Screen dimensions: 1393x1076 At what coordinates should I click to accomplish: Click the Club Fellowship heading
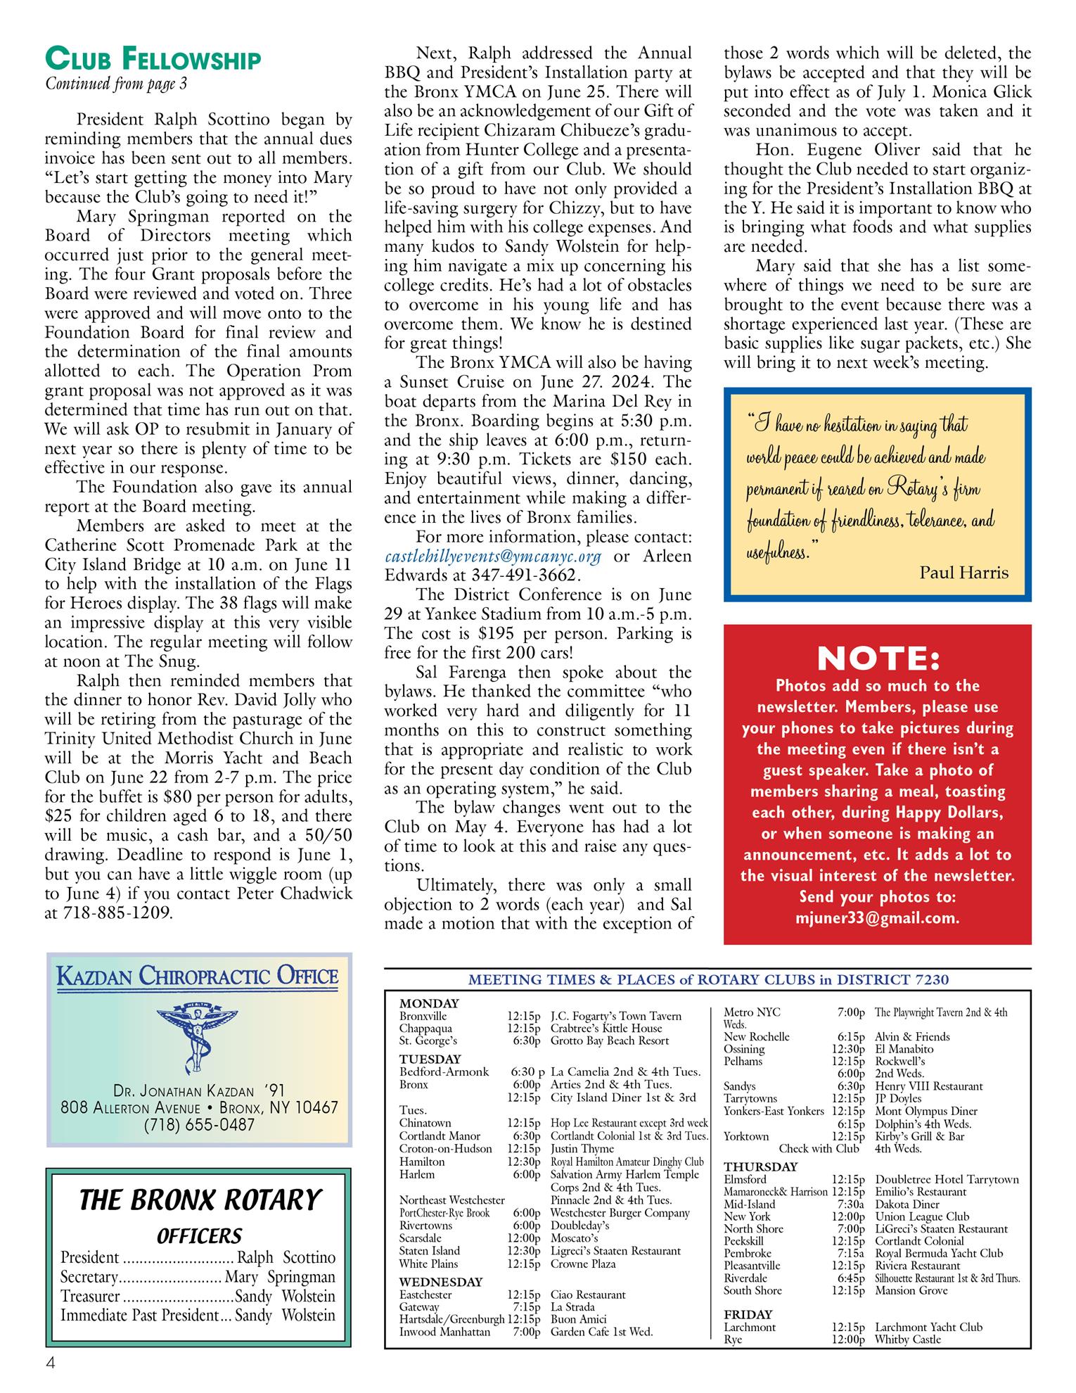coord(153,60)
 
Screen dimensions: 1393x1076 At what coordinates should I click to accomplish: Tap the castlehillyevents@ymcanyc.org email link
coord(493,556)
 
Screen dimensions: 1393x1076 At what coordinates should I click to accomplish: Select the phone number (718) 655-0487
coord(199,1125)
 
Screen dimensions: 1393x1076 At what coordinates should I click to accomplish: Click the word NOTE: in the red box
coord(878,659)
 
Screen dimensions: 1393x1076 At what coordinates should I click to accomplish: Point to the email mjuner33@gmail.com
coord(878,917)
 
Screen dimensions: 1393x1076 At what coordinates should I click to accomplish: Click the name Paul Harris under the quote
coord(963,572)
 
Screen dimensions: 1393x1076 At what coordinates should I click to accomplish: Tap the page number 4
coord(50,1363)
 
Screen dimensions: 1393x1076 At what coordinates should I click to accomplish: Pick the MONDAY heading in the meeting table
coord(429,1004)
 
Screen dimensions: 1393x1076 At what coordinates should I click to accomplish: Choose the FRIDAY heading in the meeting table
coord(748,1314)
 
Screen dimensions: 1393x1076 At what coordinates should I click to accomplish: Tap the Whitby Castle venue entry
coord(908,1340)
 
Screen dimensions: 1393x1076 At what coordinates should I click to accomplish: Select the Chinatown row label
coord(425,1123)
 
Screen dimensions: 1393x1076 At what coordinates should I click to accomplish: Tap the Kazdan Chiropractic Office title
coord(198,977)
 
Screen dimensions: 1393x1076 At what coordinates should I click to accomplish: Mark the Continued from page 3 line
coord(116,84)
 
